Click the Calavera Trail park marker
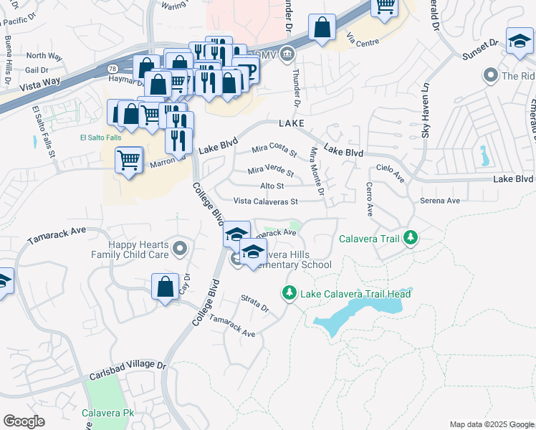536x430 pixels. (410, 236)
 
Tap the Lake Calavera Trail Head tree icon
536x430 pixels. (289, 293)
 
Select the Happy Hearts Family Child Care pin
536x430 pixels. (180, 249)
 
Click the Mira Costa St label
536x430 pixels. (274, 151)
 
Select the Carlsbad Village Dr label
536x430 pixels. (128, 371)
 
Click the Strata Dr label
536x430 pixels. (254, 304)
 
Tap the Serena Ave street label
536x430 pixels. (440, 201)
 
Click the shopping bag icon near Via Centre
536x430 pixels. (322, 28)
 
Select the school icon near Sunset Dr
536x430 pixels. (519, 42)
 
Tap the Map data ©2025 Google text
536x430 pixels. (492, 424)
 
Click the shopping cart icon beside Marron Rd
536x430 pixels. (129, 161)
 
